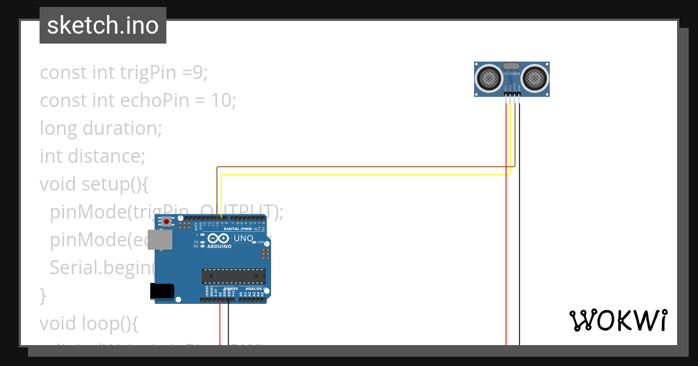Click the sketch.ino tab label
[x=103, y=26]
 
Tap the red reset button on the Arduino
[x=167, y=221]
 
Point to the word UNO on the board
[x=243, y=238]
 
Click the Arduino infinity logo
[x=219, y=239]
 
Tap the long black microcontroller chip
[x=233, y=277]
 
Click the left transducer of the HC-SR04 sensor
[x=489, y=78]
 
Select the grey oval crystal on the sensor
[x=512, y=67]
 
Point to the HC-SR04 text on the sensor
[x=512, y=74]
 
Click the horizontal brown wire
[x=361, y=167]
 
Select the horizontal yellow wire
[x=361, y=174]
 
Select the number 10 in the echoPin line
[x=222, y=100]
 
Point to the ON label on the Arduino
[x=261, y=242]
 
